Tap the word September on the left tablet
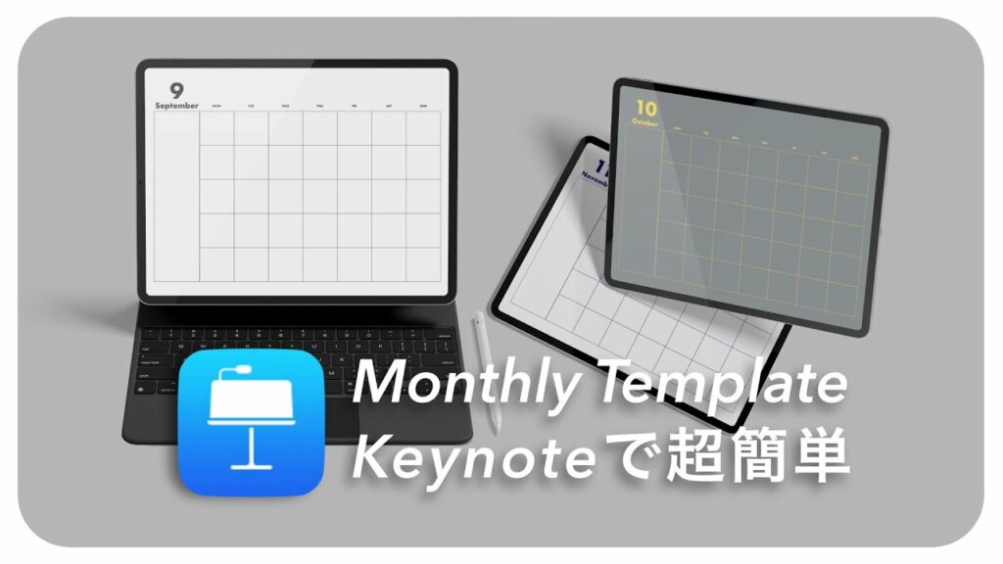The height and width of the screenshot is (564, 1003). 176,105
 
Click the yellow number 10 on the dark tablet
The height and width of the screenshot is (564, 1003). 645,107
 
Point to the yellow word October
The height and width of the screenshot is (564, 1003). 645,122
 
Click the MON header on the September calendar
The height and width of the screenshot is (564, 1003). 216,106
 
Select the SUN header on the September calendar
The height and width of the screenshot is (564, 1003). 423,106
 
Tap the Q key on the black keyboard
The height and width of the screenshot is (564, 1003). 167,350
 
